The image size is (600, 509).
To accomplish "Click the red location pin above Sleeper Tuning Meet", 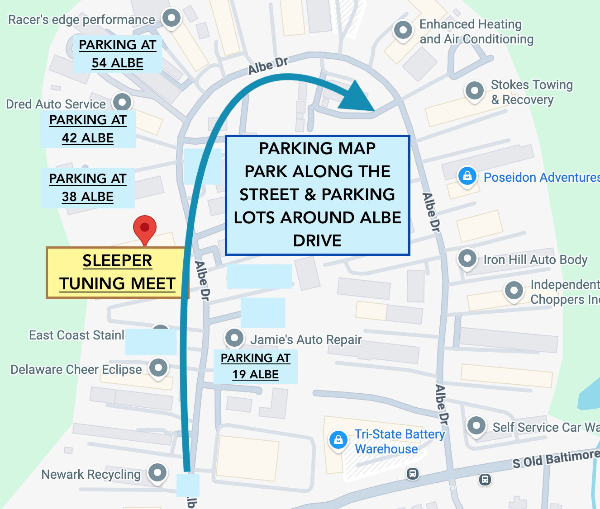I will (145, 227).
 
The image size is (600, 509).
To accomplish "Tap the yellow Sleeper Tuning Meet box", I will (117, 273).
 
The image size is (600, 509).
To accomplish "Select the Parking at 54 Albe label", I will (117, 54).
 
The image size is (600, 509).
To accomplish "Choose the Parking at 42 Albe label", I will (88, 129).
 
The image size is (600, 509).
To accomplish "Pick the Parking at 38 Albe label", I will (87, 188).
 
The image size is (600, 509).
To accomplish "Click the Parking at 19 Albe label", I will (255, 366).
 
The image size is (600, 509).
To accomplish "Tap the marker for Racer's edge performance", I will (171, 19).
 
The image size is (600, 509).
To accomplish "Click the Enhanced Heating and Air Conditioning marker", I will (403, 30).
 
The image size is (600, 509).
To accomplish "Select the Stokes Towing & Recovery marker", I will (474, 91).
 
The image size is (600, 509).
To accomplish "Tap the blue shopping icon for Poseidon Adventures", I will (467, 176).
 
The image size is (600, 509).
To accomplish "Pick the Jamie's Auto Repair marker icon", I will (234, 338).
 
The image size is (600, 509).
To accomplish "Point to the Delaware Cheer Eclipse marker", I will (158, 368).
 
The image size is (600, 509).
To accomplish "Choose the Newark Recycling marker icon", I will (157, 473).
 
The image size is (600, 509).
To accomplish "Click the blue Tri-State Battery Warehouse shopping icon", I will (338, 439).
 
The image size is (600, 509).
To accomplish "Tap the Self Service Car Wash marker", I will (476, 425).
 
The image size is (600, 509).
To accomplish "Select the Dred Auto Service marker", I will (122, 102).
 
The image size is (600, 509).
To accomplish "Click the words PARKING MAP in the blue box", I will (317, 148).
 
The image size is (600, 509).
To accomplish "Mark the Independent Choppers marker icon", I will (514, 290).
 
